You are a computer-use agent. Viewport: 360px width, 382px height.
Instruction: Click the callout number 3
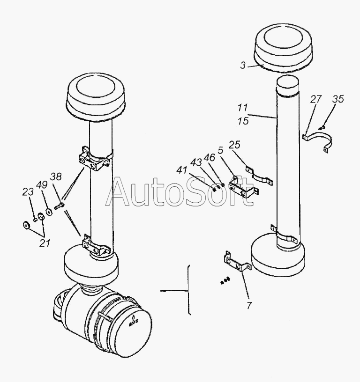tap(243, 65)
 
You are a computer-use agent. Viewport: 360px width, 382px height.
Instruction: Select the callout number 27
tap(316, 99)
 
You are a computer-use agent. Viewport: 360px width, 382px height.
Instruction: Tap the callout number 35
tap(338, 99)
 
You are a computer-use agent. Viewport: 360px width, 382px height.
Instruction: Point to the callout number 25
tap(234, 145)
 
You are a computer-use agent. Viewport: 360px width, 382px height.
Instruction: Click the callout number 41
tap(182, 170)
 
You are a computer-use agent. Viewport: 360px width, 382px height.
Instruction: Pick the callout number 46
tap(209, 158)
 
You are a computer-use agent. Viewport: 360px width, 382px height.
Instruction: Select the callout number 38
tap(56, 176)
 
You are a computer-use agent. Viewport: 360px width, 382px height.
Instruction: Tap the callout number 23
tap(28, 192)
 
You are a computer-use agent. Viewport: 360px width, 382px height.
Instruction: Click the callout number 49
tap(42, 185)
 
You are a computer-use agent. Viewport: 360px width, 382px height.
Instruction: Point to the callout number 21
tap(45, 243)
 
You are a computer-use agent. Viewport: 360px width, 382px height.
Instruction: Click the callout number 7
tap(249, 306)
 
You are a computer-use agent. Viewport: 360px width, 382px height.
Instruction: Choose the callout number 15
tap(243, 121)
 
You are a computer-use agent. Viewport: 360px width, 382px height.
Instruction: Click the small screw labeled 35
tap(322, 127)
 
